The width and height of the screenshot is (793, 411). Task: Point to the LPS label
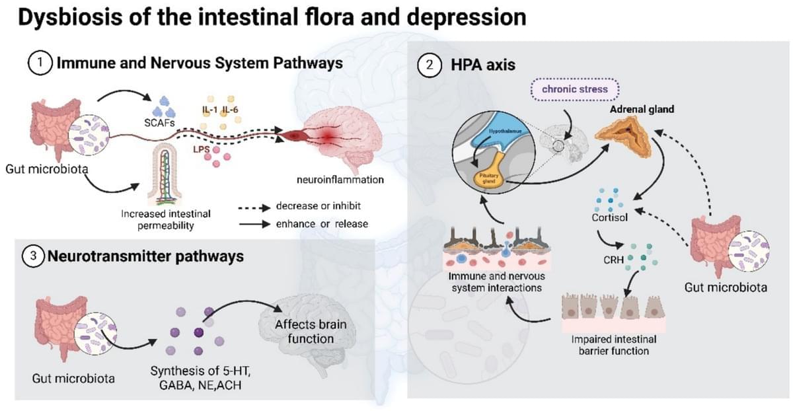tap(201, 149)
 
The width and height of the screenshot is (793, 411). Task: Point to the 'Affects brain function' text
tap(311, 332)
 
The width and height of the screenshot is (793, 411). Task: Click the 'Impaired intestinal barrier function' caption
tap(609, 345)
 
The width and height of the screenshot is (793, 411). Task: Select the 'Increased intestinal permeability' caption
tap(166, 219)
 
